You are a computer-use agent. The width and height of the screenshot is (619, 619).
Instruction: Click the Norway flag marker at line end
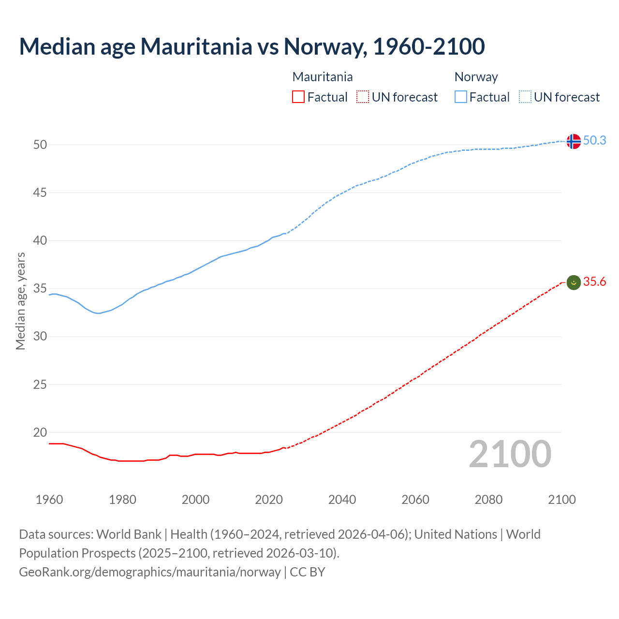(573, 141)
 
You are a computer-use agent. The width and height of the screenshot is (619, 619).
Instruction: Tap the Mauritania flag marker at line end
(573, 282)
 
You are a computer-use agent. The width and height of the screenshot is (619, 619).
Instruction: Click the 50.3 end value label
(594, 140)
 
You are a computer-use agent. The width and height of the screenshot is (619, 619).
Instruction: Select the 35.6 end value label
(594, 281)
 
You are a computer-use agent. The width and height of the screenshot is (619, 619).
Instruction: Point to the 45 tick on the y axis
(40, 192)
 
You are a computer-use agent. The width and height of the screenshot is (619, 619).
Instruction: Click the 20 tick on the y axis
(40, 432)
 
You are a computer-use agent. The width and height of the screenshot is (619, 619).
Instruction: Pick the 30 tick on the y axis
(40, 336)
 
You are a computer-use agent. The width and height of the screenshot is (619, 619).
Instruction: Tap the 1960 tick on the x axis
(49, 500)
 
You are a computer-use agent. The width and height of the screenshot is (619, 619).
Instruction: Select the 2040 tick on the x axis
(342, 500)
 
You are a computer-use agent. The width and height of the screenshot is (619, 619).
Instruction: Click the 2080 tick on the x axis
(488, 500)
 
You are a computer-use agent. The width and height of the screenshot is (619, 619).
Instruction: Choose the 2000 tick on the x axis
(195, 500)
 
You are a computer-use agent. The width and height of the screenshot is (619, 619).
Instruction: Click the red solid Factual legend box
(298, 97)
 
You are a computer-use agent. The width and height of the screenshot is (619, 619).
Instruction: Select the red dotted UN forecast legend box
(363, 97)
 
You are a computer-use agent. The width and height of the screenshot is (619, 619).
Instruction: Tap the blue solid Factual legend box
(461, 97)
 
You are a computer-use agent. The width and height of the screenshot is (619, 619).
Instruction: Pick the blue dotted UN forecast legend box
(525, 97)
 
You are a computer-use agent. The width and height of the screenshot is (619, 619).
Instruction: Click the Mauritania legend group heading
(323, 77)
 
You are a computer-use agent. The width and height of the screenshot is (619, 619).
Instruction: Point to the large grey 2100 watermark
(510, 454)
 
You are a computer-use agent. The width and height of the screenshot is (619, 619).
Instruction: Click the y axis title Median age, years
(20, 301)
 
